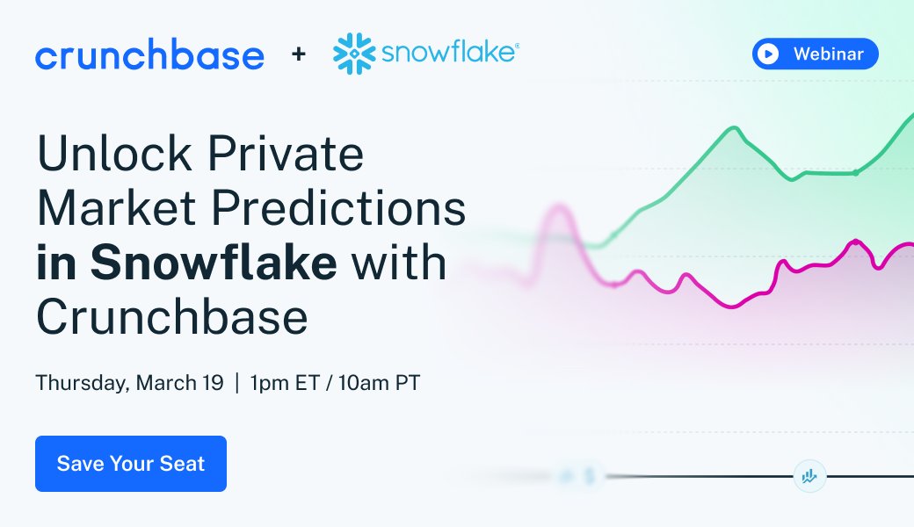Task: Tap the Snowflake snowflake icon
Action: click(x=355, y=54)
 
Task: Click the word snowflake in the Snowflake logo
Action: click(x=447, y=54)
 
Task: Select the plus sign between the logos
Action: click(x=299, y=54)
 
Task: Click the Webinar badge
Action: click(x=815, y=54)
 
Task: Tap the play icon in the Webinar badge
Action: click(x=768, y=54)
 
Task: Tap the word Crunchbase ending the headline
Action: click(x=172, y=317)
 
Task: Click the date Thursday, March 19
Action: click(x=129, y=384)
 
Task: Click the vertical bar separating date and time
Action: click(x=236, y=384)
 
